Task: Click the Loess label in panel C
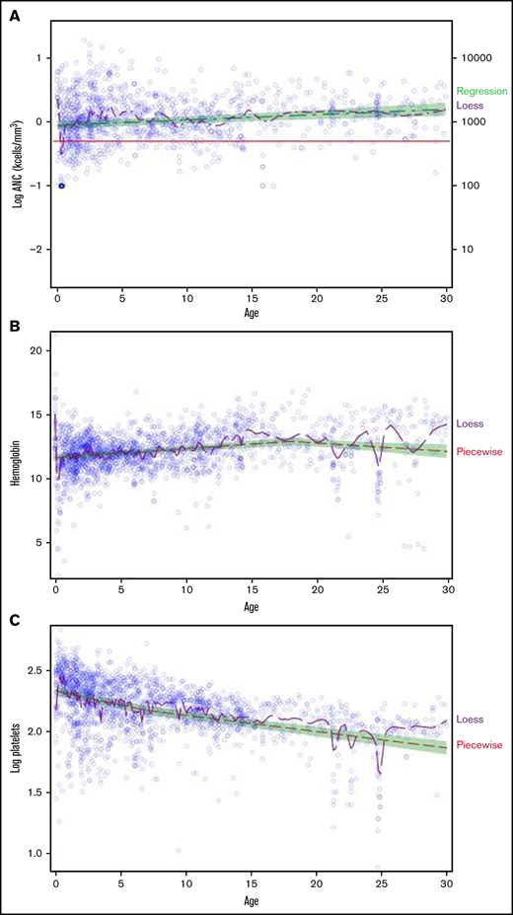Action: pyautogui.click(x=470, y=720)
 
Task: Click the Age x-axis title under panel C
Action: pyautogui.click(x=252, y=900)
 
